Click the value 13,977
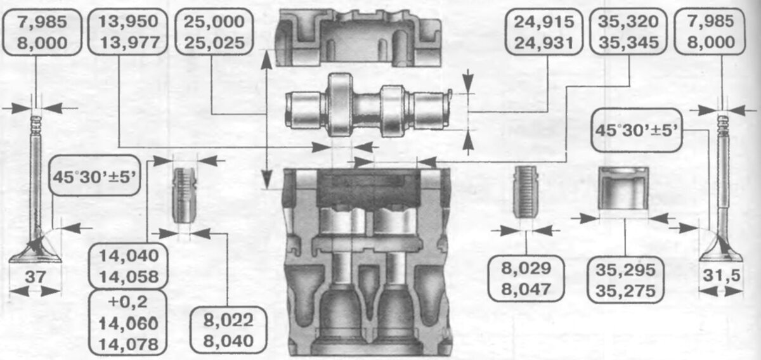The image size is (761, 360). pyautogui.click(x=129, y=43)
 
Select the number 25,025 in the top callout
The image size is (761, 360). pyautogui.click(x=214, y=43)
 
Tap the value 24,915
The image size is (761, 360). pyautogui.click(x=544, y=22)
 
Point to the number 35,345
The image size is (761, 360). pyautogui.click(x=628, y=43)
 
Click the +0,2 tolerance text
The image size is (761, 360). pyautogui.click(x=127, y=302)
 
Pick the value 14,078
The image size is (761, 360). pyautogui.click(x=128, y=344)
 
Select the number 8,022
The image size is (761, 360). pyautogui.click(x=228, y=320)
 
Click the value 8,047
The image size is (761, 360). pyautogui.click(x=526, y=290)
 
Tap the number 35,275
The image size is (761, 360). pyautogui.click(x=625, y=291)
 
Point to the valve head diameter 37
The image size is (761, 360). pyautogui.click(x=36, y=277)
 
